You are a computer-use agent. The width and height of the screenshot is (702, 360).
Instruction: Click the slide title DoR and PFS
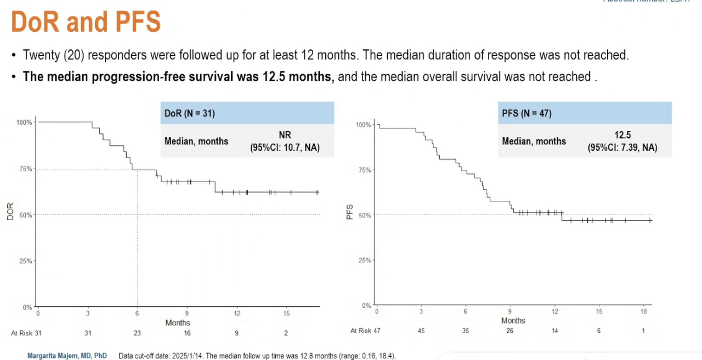pyautogui.click(x=86, y=22)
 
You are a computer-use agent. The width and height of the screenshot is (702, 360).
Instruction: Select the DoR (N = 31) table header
pyautogui.click(x=190, y=114)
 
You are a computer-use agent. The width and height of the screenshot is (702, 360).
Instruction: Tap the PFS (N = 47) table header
pyautogui.click(x=527, y=114)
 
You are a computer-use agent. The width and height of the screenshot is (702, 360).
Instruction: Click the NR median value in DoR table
pyautogui.click(x=285, y=136)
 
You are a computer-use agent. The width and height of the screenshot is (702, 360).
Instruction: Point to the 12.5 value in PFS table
pyautogui.click(x=622, y=136)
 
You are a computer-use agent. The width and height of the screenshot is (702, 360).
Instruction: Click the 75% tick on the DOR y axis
pyautogui.click(x=25, y=169)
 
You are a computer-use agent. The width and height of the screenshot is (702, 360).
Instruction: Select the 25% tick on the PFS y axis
pyautogui.click(x=364, y=260)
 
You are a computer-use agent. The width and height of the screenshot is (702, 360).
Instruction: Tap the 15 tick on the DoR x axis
pyautogui.click(x=286, y=313)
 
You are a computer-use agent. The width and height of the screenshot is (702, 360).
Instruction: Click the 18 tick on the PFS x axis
pyautogui.click(x=643, y=312)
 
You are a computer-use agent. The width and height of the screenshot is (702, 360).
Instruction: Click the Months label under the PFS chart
pyautogui.click(x=513, y=320)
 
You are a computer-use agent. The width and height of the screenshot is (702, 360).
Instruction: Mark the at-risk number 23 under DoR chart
pyautogui.click(x=137, y=333)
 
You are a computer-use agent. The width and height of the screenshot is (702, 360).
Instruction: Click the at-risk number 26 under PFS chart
pyautogui.click(x=510, y=331)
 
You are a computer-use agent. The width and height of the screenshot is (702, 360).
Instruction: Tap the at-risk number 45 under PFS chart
pyautogui.click(x=421, y=331)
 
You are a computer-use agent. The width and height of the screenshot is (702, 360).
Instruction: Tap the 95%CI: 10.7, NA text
pyautogui.click(x=285, y=148)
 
